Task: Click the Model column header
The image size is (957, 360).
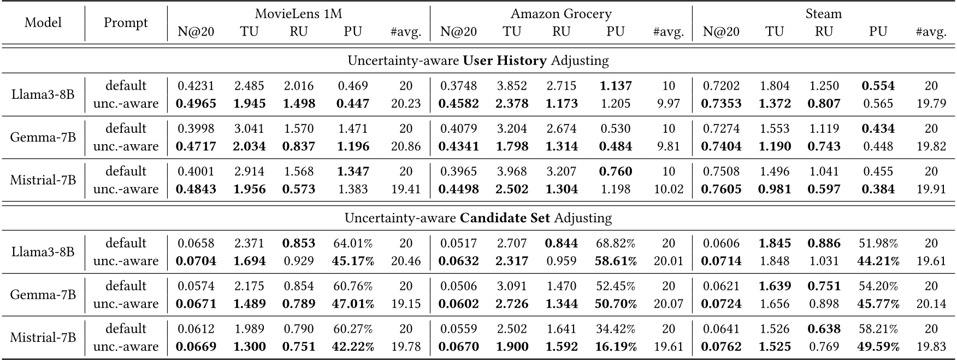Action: pyautogui.click(x=43, y=23)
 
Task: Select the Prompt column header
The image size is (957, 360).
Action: pyautogui.click(x=126, y=23)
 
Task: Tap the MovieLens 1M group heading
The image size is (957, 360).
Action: pyautogui.click(x=299, y=14)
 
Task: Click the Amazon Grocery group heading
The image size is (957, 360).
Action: pyautogui.click(x=561, y=14)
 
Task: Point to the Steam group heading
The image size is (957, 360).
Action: pyautogui.click(x=823, y=14)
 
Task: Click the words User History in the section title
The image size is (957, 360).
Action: pyautogui.click(x=504, y=60)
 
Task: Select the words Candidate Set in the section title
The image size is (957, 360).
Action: pyautogui.click(x=505, y=218)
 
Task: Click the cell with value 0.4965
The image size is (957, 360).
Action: pyautogui.click(x=196, y=103)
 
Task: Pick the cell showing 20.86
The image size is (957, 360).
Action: pyautogui.click(x=406, y=146)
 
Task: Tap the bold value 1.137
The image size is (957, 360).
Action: pyautogui.click(x=615, y=86)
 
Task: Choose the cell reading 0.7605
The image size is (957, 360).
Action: pyautogui.click(x=721, y=188)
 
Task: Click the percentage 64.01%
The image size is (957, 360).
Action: pyautogui.click(x=353, y=243)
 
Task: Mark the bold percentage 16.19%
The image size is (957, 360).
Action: pyautogui.click(x=615, y=346)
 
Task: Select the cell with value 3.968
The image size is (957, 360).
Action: pyautogui.click(x=512, y=171)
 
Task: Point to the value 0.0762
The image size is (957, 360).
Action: pyautogui.click(x=721, y=346)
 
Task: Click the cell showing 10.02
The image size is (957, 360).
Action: pyautogui.click(x=668, y=188)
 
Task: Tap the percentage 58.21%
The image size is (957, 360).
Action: pyautogui.click(x=878, y=329)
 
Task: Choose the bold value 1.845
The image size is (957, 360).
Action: pyautogui.click(x=775, y=243)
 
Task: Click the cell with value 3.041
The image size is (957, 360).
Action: pyautogui.click(x=249, y=128)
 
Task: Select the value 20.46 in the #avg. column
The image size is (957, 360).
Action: pyautogui.click(x=406, y=261)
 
